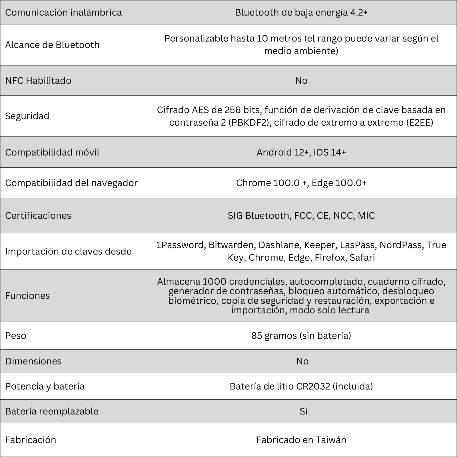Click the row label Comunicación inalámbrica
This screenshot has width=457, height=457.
pyautogui.click(x=63, y=13)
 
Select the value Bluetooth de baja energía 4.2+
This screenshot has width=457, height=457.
pyautogui.click(x=301, y=13)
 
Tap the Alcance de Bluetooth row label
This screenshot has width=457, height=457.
pyautogui.click(x=52, y=45)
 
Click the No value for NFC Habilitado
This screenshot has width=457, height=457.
pyautogui.click(x=301, y=81)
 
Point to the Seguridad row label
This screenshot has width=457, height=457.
pyautogui.click(x=27, y=116)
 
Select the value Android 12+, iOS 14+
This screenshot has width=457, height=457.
pyautogui.click(x=301, y=152)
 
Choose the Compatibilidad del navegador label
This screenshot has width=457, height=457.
pyautogui.click(x=71, y=183)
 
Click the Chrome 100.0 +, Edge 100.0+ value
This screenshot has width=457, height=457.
pyautogui.click(x=301, y=183)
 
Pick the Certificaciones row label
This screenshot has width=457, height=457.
pyautogui.click(x=38, y=215)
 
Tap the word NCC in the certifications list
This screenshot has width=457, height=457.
pyautogui.click(x=342, y=215)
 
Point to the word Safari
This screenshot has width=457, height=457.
pyautogui.click(x=362, y=258)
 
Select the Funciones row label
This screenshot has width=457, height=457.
pyautogui.click(x=27, y=296)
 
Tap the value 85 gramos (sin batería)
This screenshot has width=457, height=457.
pyautogui.click(x=301, y=335)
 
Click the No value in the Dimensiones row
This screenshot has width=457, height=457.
pyautogui.click(x=302, y=361)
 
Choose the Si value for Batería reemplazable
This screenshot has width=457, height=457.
pyautogui.click(x=303, y=411)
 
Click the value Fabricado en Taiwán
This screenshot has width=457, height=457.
pyautogui.click(x=301, y=440)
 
